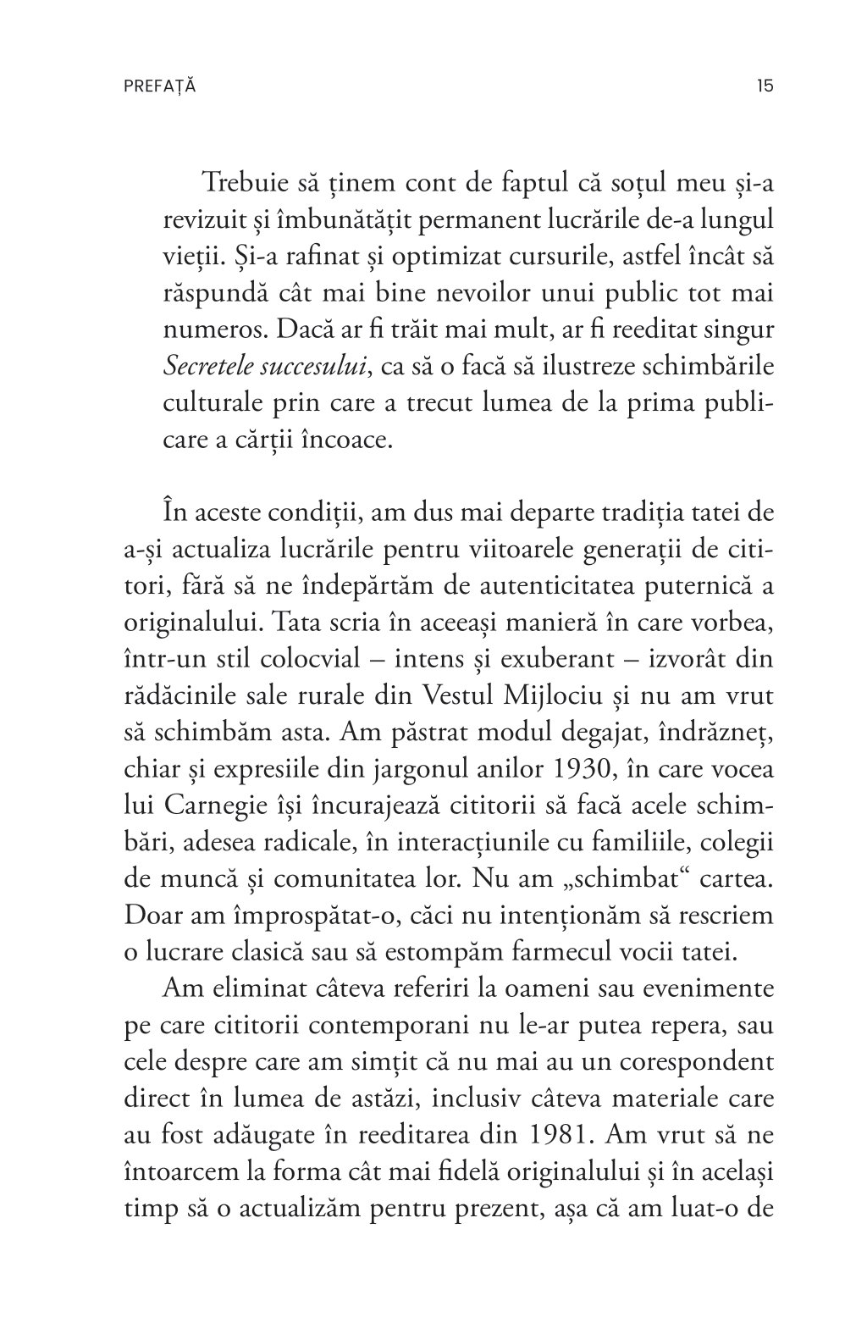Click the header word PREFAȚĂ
click(159, 86)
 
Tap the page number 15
click(765, 86)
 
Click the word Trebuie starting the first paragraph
click(245, 182)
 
